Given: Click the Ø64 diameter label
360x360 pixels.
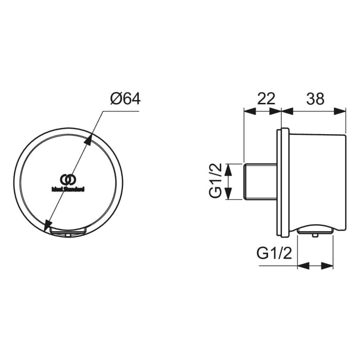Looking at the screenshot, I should click(125, 98).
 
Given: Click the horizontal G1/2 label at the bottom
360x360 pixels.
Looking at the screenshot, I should click(274, 253).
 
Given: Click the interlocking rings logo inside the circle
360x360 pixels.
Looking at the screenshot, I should click(68, 179).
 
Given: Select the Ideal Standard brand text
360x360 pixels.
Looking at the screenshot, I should click(68, 189).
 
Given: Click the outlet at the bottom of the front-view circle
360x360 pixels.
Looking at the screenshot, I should click(68, 232).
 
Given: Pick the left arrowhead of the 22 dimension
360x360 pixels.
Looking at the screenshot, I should click(248, 111).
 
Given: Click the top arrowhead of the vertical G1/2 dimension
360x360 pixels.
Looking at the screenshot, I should click(230, 168).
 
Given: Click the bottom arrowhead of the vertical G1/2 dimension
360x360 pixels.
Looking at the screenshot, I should click(230, 195).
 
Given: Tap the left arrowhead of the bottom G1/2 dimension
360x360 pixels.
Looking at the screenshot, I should click(302, 266).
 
